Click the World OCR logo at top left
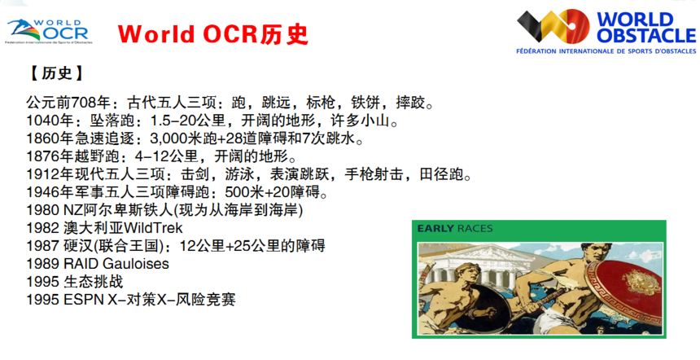(49, 31)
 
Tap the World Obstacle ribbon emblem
(553, 26)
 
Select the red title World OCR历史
(213, 34)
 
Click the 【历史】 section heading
(57, 73)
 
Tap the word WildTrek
(153, 228)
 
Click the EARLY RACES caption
(454, 229)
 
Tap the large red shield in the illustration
(624, 292)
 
